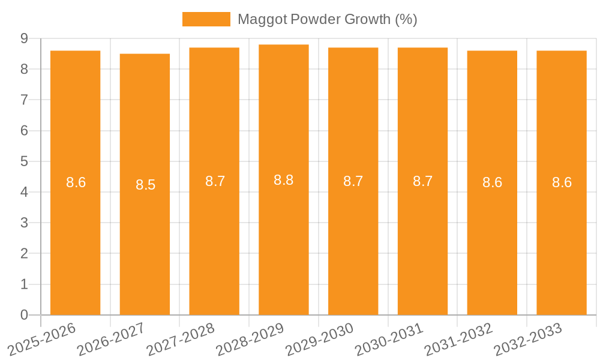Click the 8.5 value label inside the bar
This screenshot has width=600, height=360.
(145, 185)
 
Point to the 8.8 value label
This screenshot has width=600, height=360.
(284, 180)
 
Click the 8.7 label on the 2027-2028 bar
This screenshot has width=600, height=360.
(215, 181)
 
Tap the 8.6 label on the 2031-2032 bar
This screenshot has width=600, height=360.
(492, 183)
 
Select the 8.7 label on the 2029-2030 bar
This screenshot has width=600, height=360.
(353, 181)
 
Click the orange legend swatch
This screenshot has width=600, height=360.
(206, 19)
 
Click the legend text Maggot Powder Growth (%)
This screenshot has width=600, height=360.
(327, 19)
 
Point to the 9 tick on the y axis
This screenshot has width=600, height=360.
(24, 38)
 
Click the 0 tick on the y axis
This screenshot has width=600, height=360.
(24, 315)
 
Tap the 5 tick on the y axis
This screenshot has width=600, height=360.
(24, 161)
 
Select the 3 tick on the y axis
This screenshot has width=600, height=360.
(24, 223)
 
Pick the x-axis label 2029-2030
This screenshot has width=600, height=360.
(320, 339)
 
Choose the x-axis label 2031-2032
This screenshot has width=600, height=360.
(459, 339)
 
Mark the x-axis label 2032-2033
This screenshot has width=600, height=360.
(529, 339)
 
